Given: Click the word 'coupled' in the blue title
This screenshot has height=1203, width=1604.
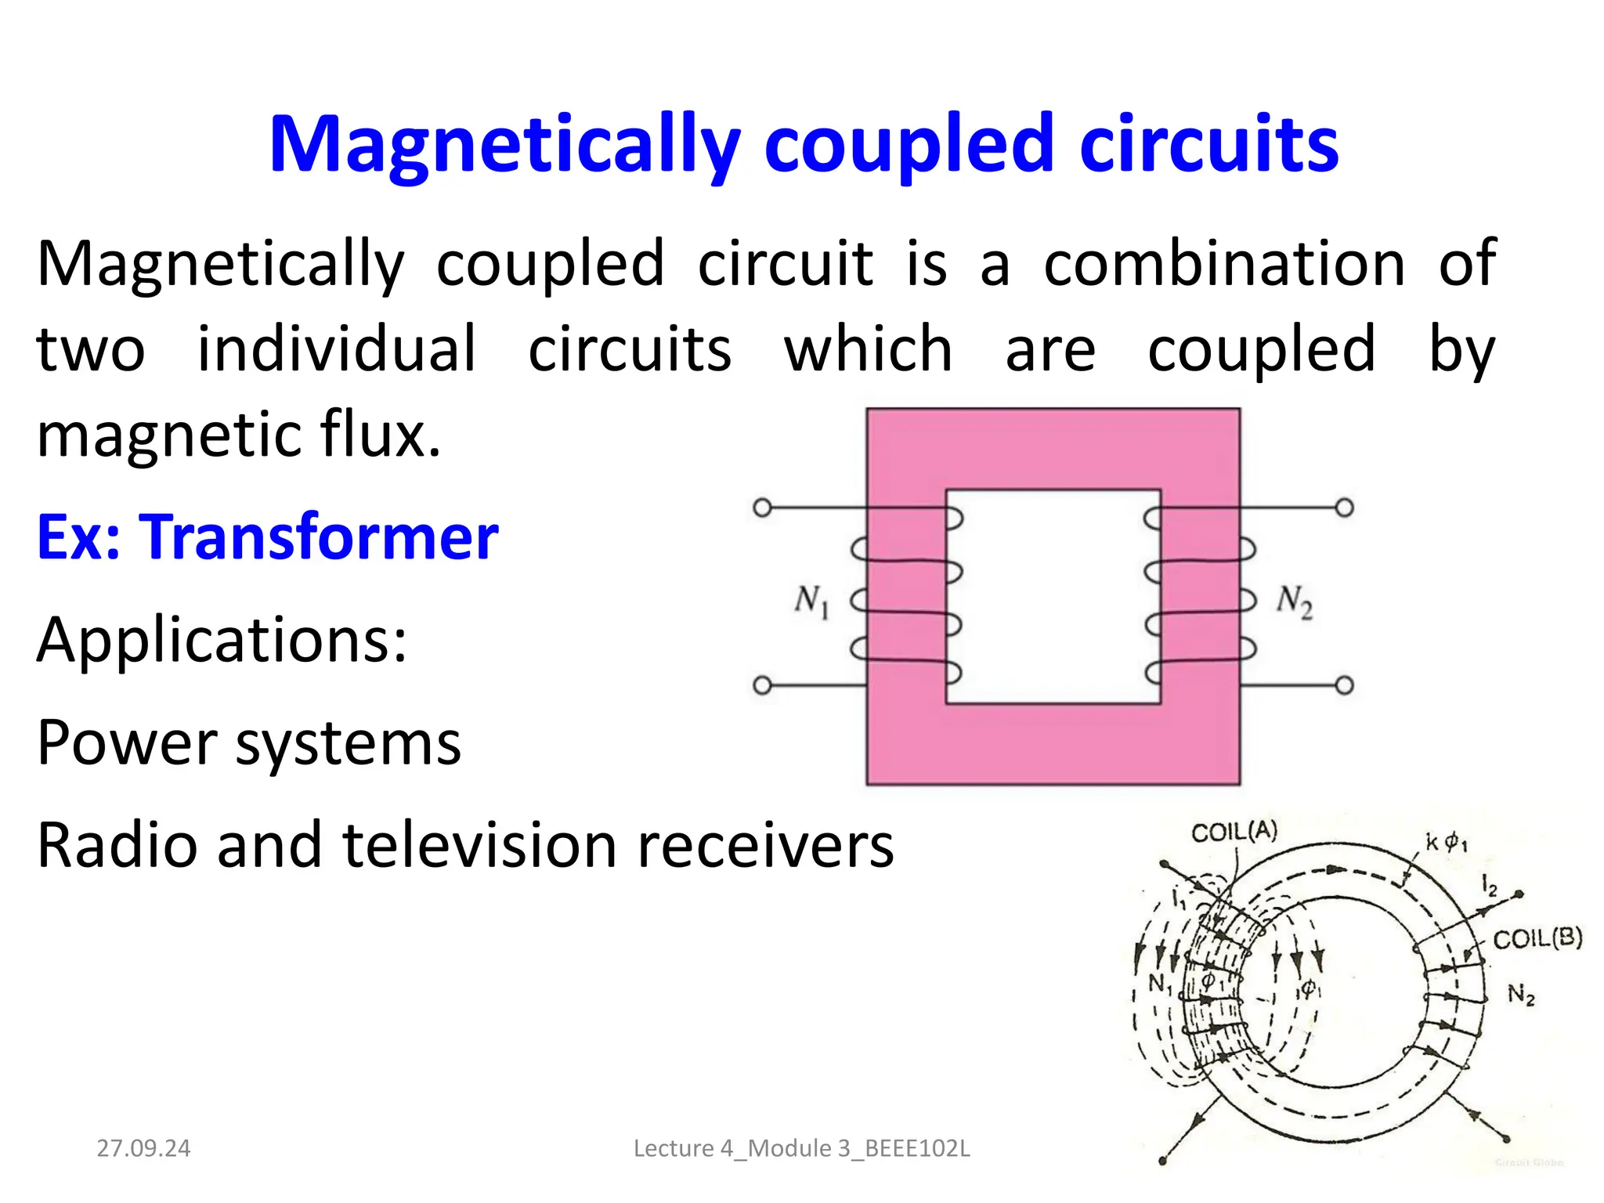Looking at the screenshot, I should (909, 145).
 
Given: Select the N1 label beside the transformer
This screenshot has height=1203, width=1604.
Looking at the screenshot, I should (811, 601).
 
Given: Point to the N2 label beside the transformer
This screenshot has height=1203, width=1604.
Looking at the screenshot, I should (1294, 601).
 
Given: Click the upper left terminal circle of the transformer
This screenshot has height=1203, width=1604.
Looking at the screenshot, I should (762, 508).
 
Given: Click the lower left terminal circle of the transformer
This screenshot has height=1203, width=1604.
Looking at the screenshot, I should (762, 686).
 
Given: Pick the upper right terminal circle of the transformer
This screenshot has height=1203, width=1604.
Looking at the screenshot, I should (1344, 508).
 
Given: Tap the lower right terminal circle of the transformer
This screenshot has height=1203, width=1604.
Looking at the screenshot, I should (1344, 686).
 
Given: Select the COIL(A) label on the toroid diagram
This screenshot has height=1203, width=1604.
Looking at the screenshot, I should (1234, 831).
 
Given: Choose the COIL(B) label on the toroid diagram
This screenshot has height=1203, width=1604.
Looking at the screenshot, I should (1537, 938).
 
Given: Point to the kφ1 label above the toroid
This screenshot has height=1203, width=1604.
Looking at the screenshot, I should (1446, 843).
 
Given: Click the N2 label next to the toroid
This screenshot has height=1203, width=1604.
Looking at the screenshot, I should (1521, 995).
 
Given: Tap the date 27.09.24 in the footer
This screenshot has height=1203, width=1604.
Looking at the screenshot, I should (143, 1148).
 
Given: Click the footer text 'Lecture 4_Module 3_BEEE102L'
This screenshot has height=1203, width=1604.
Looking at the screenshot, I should (801, 1148).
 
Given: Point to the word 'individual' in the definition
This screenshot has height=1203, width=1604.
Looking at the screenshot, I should (336, 349).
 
